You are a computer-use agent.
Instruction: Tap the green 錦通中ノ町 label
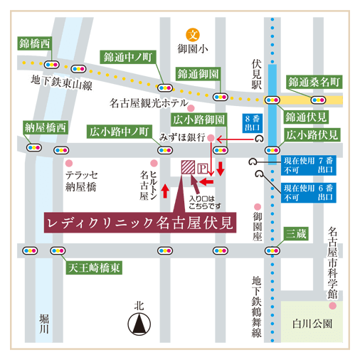[x=128, y=56]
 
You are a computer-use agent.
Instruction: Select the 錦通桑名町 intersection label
[x=314, y=81]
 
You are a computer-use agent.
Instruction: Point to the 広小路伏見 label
[x=312, y=134]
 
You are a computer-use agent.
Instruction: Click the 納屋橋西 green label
[x=45, y=127]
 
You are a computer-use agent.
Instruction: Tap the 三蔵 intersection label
[x=295, y=233]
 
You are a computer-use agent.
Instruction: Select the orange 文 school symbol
[x=192, y=34]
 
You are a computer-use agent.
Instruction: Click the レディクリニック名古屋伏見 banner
[x=140, y=222]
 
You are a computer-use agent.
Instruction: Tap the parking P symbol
[x=202, y=169]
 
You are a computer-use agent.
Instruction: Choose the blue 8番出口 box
[x=252, y=124]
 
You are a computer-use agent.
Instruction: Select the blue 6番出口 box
[x=309, y=192]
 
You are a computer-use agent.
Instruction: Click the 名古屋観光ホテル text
[x=149, y=103]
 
